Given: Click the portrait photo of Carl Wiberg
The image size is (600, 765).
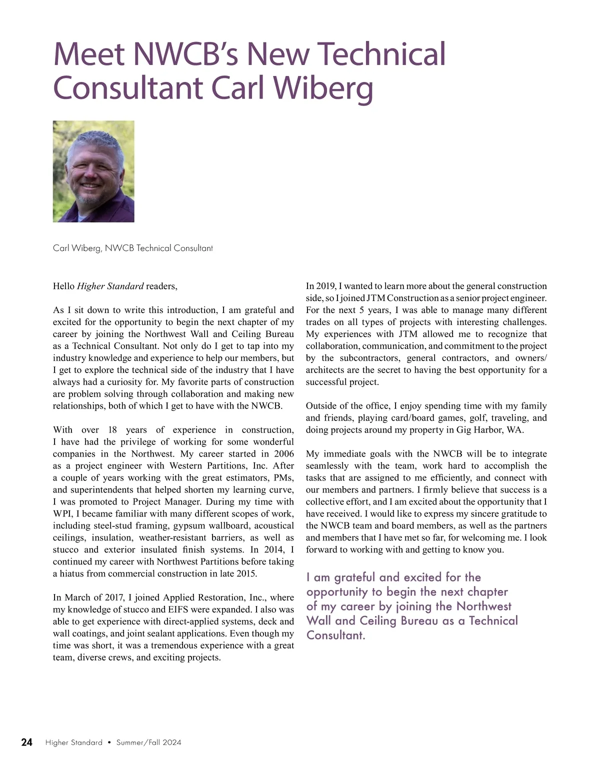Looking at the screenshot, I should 93,171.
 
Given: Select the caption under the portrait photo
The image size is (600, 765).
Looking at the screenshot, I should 132,248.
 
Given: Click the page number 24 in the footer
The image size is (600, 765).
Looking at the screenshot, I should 27,742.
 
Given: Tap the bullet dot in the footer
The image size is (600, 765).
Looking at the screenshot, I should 109,742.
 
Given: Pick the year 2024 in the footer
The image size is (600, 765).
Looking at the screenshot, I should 171,742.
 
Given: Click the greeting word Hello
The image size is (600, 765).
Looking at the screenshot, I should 63,286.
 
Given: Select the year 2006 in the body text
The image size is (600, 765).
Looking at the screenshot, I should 283,454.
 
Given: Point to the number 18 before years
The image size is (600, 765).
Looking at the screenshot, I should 112,430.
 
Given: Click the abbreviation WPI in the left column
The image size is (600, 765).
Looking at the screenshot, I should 62,514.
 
